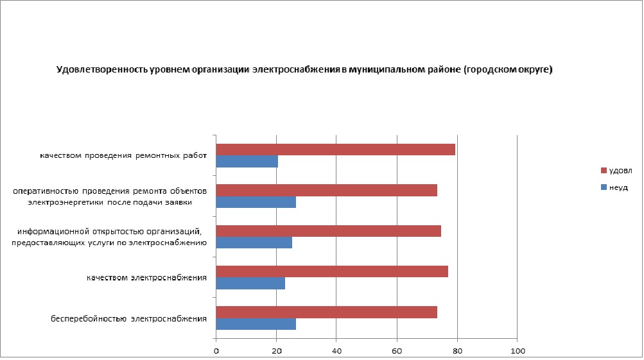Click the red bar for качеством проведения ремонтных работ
pyautogui.click(x=335, y=150)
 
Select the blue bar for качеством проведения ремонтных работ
pyautogui.click(x=247, y=162)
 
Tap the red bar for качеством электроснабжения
pyautogui.click(x=332, y=271)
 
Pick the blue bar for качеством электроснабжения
pyautogui.click(x=250, y=284)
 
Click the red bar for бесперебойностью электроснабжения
pyautogui.click(x=326, y=312)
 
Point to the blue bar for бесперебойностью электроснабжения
pyautogui.click(x=256, y=324)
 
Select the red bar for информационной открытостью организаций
pyautogui.click(x=328, y=231)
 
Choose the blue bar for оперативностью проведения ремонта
pyautogui.click(x=256, y=203)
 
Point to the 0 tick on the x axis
pyautogui.click(x=216, y=350)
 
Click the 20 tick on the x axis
pyautogui.click(x=277, y=350)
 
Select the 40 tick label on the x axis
pyautogui.click(x=337, y=350)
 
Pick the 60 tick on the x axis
pyautogui.click(x=397, y=350)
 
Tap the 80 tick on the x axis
pyautogui.click(x=457, y=350)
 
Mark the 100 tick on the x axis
pyautogui.click(x=518, y=350)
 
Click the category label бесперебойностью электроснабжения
pyautogui.click(x=129, y=318)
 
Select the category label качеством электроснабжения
pyautogui.click(x=147, y=278)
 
